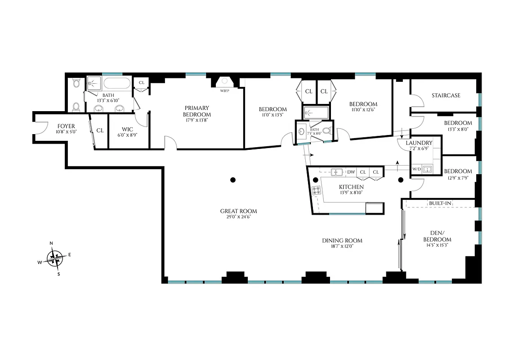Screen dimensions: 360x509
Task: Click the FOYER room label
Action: tap(66, 126)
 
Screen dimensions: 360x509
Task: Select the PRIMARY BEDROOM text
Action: tap(197, 111)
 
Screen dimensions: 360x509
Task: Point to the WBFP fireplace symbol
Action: tap(224, 82)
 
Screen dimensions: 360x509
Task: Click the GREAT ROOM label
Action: tap(238, 211)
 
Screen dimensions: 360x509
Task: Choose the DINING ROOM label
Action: tap(342, 240)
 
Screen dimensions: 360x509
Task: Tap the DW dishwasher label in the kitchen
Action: tap(351, 172)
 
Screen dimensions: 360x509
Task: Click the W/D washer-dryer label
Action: tap(417, 169)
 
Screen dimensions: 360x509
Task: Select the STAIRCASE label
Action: tap(446, 95)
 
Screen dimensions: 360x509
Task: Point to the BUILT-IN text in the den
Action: tap(440, 203)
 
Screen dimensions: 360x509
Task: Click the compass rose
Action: tap(56, 257)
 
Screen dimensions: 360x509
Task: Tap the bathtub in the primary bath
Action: tap(116, 83)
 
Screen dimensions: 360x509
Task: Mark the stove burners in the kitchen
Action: tap(317, 190)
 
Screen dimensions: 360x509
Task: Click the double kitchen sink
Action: tap(337, 171)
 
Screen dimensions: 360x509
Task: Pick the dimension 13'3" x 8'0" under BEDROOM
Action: tap(458, 129)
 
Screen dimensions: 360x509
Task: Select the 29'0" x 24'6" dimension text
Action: tap(238, 217)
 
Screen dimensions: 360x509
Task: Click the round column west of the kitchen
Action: tap(233, 180)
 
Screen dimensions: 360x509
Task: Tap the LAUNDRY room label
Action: tap(419, 143)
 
